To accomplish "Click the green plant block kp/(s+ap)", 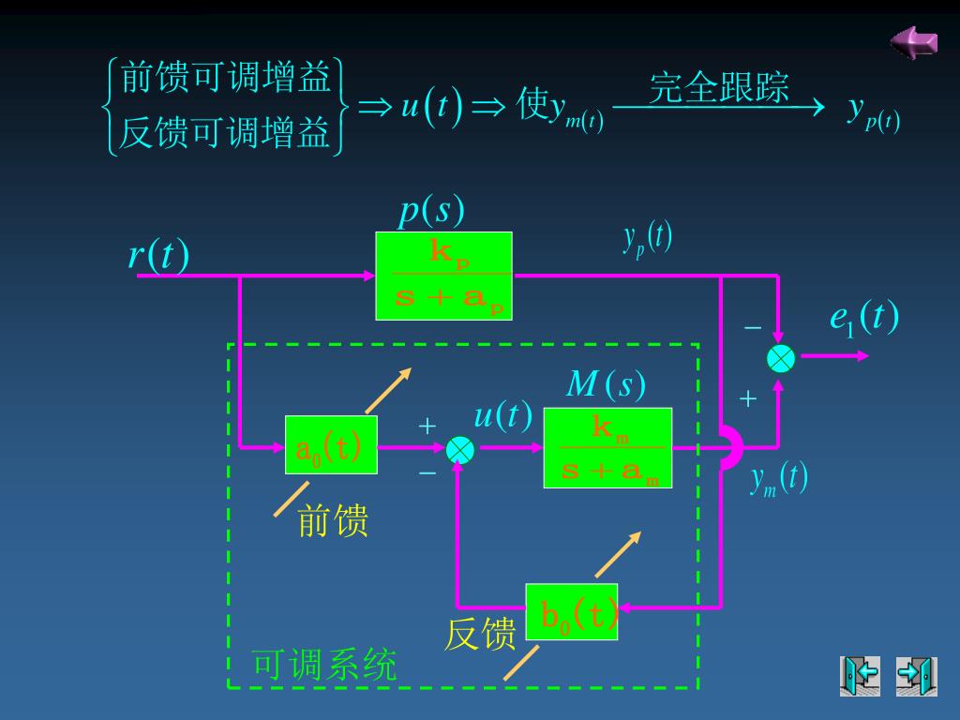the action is pyautogui.click(x=443, y=276).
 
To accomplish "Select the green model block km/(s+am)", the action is pyautogui.click(x=607, y=448).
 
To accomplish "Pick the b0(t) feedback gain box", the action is pyautogui.click(x=572, y=611).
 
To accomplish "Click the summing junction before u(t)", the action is pyautogui.click(x=460, y=450).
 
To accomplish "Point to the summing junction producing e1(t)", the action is pyautogui.click(x=781, y=357).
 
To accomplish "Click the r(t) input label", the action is pyautogui.click(x=158, y=255).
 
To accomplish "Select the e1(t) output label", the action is pyautogui.click(x=863, y=317).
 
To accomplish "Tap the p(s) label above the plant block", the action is pyautogui.click(x=431, y=211).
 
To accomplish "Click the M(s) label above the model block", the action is pyautogui.click(x=606, y=384).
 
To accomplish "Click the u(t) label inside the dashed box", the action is pyautogui.click(x=503, y=414).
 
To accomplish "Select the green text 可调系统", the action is pyautogui.click(x=324, y=665).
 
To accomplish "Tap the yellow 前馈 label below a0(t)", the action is pyautogui.click(x=333, y=520).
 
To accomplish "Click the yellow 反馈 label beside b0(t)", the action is pyautogui.click(x=480, y=635).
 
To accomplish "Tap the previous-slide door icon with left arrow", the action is pyautogui.click(x=860, y=676).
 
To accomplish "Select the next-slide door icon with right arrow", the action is pyautogui.click(x=916, y=676).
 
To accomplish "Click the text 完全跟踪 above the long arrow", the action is pyautogui.click(x=719, y=87).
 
